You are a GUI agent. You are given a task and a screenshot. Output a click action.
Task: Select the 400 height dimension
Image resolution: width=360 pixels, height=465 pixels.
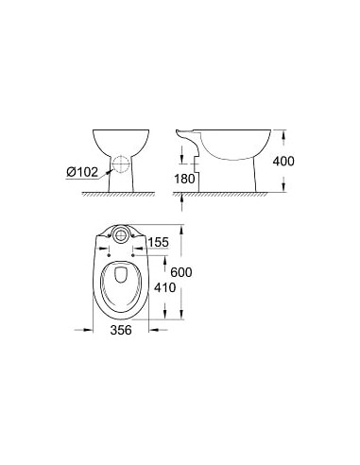[x=283, y=161]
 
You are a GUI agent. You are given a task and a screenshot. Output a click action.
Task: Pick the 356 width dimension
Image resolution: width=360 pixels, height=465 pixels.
[x=118, y=331]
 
